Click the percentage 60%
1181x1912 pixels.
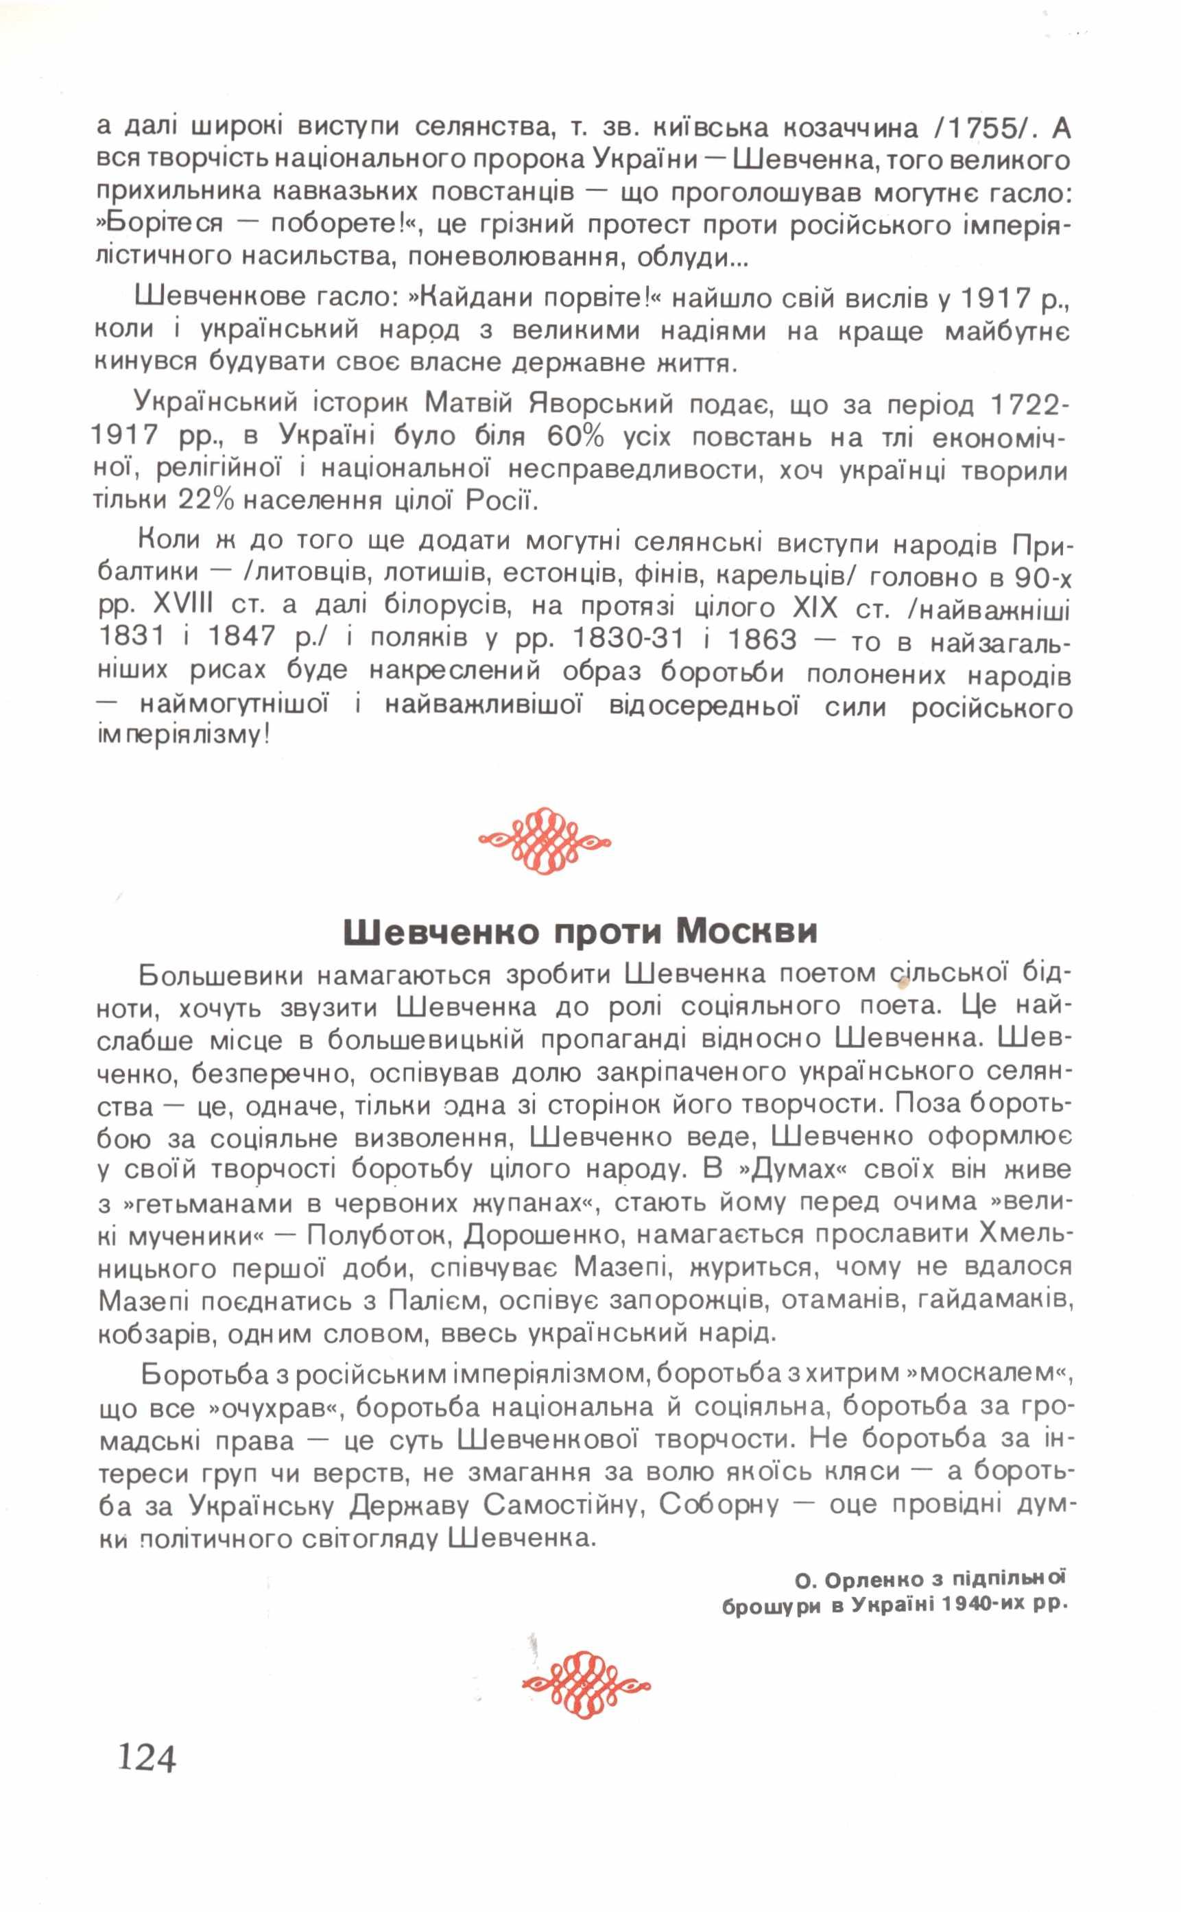pos(575,437)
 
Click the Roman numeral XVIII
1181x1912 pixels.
pos(187,608)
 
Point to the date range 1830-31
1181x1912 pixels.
pos(630,640)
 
